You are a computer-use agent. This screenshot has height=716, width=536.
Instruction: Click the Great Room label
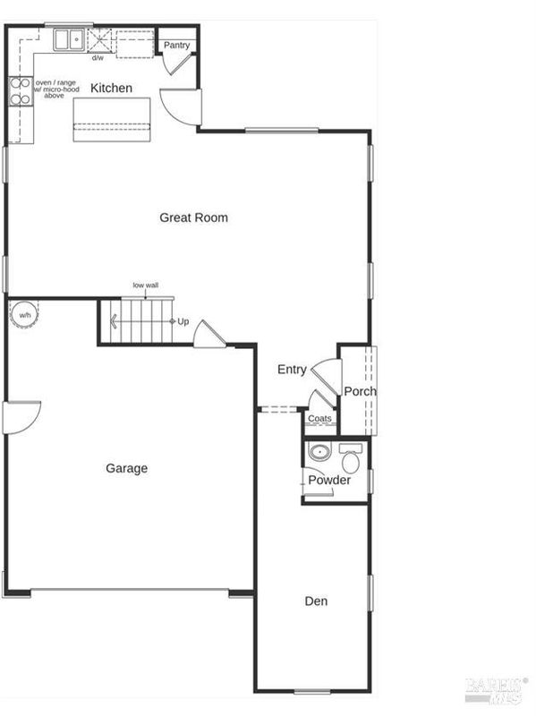click(193, 217)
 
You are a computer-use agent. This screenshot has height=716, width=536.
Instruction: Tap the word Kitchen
click(111, 88)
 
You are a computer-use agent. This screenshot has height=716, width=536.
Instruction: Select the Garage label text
click(126, 468)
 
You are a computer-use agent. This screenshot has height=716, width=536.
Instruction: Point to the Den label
click(316, 601)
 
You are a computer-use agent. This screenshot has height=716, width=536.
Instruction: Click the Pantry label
click(176, 46)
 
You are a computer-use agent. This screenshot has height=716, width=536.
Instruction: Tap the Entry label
click(292, 370)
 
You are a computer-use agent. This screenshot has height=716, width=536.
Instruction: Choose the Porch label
click(361, 391)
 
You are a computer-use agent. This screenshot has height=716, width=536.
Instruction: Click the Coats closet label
click(319, 418)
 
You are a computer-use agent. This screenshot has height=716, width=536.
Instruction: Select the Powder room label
click(329, 480)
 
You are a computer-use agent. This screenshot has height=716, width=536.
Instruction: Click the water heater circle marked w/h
click(25, 315)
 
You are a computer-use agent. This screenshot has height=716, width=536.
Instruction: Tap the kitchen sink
click(69, 39)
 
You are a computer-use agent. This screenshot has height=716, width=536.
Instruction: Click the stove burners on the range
click(21, 91)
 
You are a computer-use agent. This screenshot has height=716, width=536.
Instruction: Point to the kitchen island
click(112, 119)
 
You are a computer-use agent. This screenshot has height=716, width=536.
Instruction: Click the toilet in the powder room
click(351, 458)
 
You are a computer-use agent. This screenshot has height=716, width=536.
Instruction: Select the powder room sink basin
click(319, 453)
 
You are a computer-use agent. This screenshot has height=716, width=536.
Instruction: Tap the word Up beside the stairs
click(183, 321)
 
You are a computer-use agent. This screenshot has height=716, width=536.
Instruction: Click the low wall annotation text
click(146, 285)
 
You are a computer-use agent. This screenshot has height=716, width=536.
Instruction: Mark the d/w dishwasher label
click(98, 58)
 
